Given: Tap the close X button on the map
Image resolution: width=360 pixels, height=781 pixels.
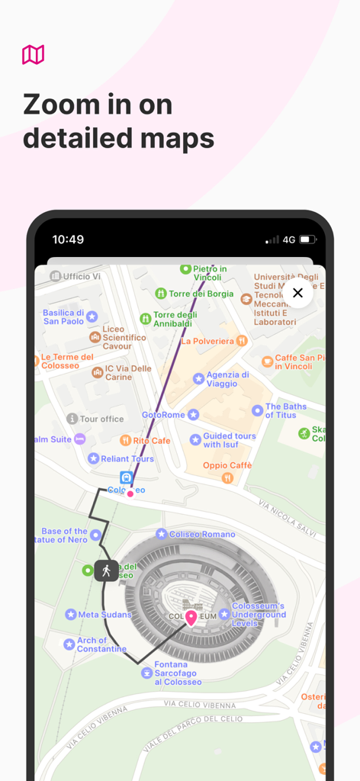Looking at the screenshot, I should (x=297, y=293).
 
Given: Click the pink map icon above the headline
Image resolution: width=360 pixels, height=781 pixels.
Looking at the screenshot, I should (x=33, y=55).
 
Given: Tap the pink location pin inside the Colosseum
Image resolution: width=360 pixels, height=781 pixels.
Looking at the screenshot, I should (x=191, y=619).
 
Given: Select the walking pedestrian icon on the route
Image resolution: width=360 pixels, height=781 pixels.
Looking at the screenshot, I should (x=106, y=570).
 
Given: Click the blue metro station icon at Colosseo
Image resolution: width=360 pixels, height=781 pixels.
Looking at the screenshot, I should (x=127, y=478).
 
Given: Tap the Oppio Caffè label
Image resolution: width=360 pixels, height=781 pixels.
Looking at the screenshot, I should (x=227, y=466).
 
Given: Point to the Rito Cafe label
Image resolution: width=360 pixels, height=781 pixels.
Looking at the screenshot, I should (x=151, y=441).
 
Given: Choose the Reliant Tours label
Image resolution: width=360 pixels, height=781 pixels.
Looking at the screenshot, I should (x=121, y=458).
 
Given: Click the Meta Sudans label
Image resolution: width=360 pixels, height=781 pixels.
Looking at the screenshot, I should (x=105, y=614).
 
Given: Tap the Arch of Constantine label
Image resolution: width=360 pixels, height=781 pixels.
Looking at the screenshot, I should (x=102, y=644).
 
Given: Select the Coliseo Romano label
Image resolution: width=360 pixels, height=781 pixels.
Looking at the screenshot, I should (x=201, y=535).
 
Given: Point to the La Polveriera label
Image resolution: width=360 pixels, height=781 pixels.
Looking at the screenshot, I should (x=207, y=341).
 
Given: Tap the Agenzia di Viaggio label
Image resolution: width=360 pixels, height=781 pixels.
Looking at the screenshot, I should (x=227, y=379).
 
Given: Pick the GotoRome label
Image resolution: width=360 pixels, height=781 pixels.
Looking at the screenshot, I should (x=164, y=415).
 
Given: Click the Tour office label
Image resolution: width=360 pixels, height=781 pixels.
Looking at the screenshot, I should (x=101, y=419).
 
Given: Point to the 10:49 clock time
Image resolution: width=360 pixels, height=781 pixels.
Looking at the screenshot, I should (x=68, y=239).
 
